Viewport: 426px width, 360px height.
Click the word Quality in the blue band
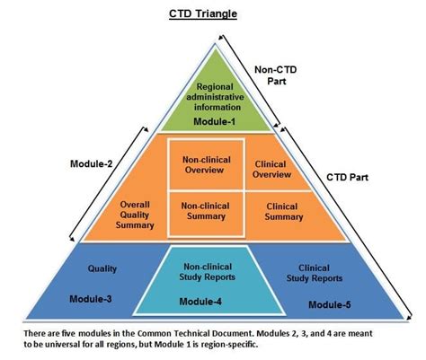click(x=102, y=268)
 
